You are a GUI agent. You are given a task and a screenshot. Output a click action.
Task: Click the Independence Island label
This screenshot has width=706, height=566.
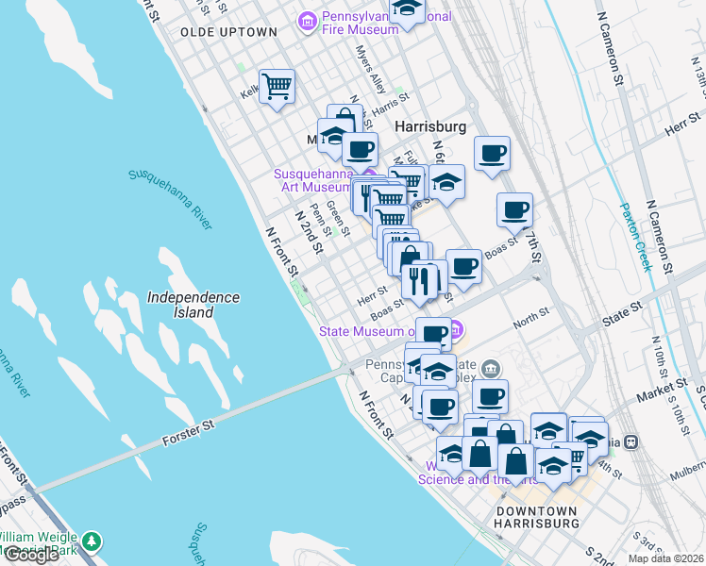point(193,304)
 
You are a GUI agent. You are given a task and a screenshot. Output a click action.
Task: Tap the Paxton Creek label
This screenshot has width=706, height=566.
point(635,236)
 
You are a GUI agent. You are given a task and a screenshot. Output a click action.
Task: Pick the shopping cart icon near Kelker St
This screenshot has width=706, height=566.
point(277,87)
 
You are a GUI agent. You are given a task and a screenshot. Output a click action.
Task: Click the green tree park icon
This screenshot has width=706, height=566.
point(91,541)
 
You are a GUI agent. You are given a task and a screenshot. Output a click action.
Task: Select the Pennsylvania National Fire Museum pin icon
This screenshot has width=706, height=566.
point(307,20)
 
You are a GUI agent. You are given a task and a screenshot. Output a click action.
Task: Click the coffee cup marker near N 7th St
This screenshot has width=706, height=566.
point(514,209)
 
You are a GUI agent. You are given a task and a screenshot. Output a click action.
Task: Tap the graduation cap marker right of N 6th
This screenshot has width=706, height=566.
point(448,181)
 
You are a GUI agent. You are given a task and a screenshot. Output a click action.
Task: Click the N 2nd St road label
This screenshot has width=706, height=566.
point(310,232)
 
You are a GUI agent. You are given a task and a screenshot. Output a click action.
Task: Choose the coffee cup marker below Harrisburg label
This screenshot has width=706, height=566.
point(359,148)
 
